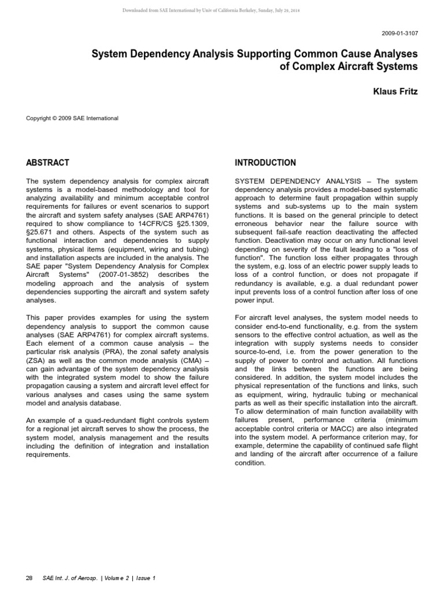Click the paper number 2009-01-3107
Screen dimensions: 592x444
point(399,34)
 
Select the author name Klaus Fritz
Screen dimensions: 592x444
point(397,91)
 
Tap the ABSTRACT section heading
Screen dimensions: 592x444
point(48,162)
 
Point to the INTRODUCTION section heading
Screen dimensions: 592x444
point(265,162)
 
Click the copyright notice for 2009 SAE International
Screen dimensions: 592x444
point(72,119)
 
